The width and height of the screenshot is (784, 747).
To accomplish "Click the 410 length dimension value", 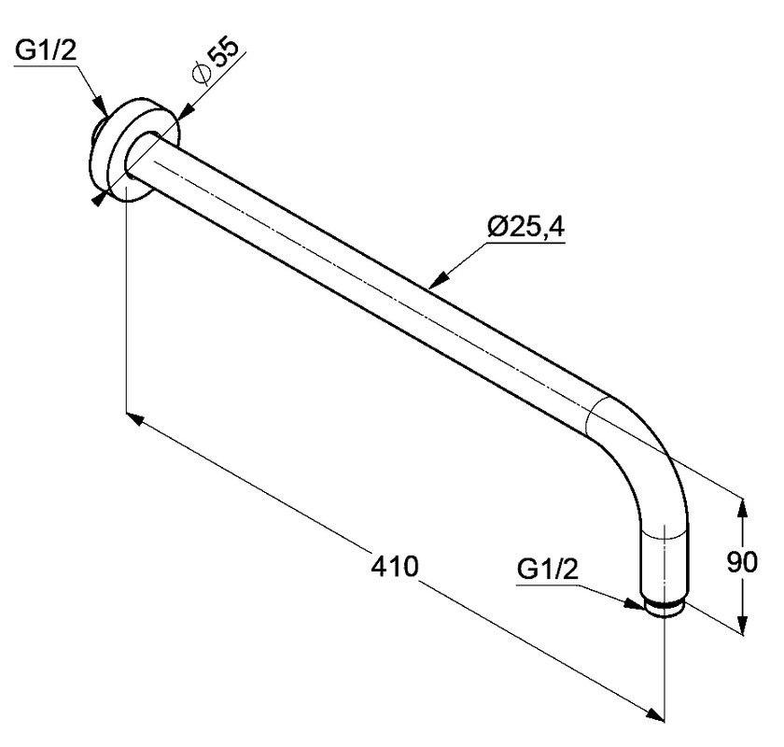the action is pos(395,567).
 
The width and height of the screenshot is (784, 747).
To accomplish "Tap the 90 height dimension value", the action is pos(742,562).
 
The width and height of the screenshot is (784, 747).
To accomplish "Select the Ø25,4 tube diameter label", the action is pos(526,228).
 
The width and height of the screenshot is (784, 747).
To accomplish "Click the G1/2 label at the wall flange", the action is pos(46,51).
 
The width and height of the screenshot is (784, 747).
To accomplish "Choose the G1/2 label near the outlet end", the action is pos(548,570).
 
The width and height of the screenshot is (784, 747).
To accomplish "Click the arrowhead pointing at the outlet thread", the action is pos(633,603).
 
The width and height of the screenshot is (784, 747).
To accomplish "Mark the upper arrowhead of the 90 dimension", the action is pos(743,511).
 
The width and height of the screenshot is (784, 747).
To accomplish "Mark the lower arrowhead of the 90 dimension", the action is pos(743,624).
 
